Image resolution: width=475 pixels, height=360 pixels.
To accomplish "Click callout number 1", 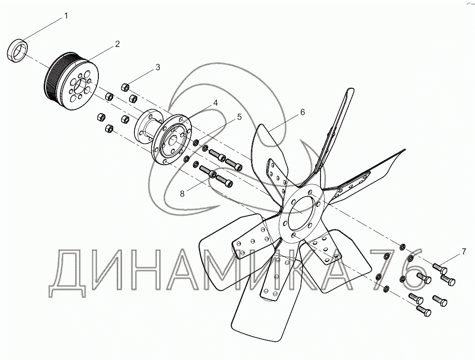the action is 66,16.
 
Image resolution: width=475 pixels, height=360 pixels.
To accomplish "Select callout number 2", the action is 118,44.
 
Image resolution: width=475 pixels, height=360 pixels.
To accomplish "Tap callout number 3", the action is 158,67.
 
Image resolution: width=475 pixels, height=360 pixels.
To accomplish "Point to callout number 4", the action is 215,103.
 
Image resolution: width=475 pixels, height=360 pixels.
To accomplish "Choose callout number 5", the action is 239,117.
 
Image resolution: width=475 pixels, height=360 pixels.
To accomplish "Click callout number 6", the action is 302,112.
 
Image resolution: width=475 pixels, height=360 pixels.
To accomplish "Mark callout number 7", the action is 464,251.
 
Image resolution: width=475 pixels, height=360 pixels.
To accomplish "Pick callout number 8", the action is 182,193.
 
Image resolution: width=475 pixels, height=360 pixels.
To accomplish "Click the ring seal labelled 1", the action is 17,50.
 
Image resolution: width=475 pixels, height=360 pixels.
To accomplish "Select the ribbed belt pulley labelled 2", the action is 71,81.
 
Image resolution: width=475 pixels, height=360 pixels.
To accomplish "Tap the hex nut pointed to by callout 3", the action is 125,87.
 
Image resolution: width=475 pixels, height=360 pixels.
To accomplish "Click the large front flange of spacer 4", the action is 171,139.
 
